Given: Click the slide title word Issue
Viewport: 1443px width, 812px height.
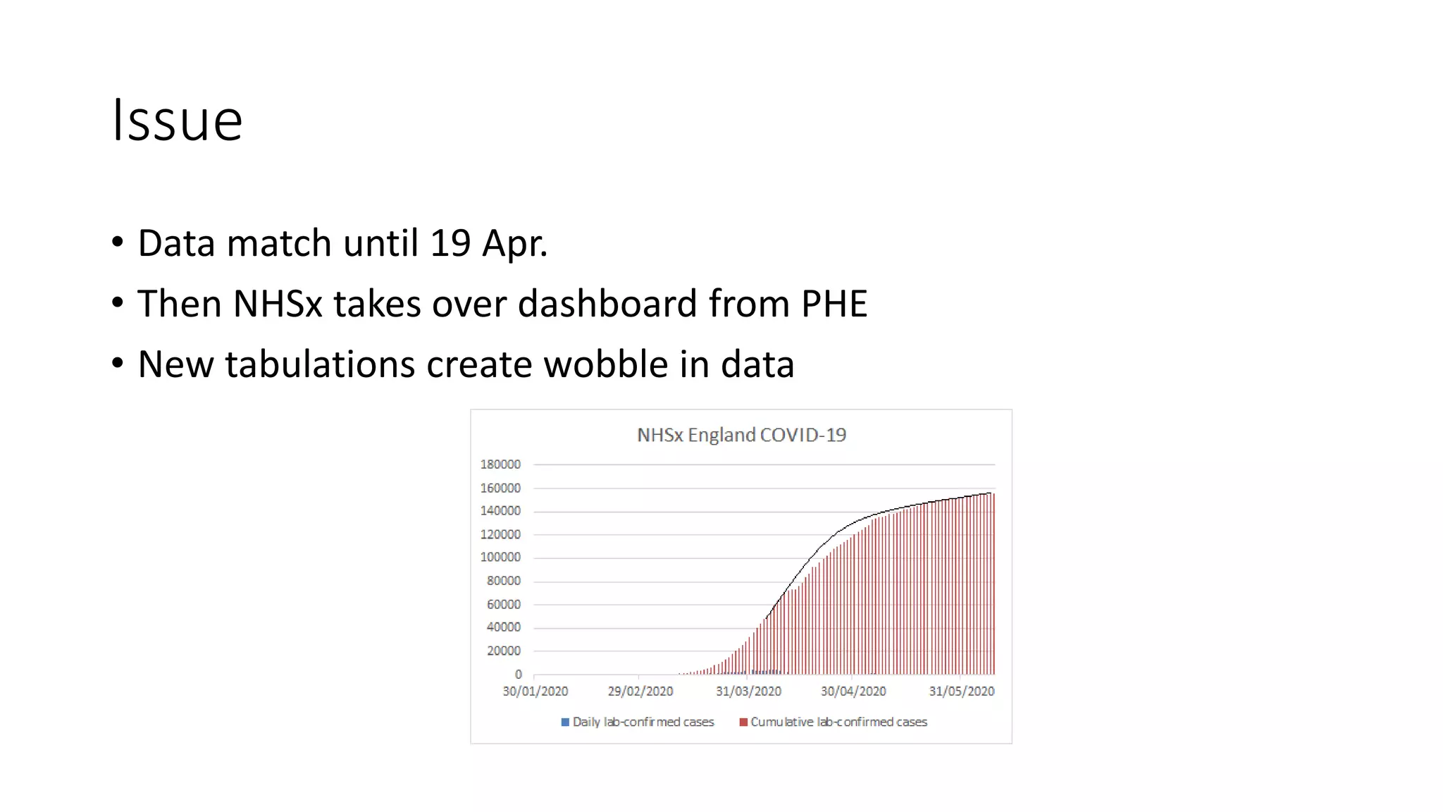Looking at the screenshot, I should (178, 121).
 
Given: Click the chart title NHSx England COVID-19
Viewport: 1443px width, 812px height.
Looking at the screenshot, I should (741, 435).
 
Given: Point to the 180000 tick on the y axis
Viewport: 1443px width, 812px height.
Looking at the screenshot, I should (500, 465).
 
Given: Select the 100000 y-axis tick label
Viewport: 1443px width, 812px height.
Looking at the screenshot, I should (500, 558).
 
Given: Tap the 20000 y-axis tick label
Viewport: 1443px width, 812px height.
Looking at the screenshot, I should (503, 651).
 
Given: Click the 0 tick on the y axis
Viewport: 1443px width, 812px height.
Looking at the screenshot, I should (518, 675).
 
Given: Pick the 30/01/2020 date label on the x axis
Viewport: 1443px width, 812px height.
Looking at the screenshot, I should (535, 691).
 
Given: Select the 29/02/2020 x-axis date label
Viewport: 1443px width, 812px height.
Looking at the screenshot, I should (640, 691).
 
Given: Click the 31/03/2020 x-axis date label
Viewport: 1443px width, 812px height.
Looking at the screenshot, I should (748, 691).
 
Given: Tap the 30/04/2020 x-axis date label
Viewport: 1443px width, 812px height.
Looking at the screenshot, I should (853, 691).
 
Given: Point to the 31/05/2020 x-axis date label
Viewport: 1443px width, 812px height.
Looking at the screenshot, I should (961, 691).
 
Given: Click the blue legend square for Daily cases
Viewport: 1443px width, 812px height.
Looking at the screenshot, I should (565, 722).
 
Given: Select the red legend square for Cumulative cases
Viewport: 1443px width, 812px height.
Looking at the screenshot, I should (743, 722).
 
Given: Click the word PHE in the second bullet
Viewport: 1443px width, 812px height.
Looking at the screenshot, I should (834, 304).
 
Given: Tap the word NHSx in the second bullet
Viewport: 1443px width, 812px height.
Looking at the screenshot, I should (278, 304).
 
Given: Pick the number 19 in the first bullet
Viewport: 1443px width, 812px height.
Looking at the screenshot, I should (450, 243).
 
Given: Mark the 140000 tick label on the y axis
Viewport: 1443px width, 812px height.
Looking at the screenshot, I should (500, 511).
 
